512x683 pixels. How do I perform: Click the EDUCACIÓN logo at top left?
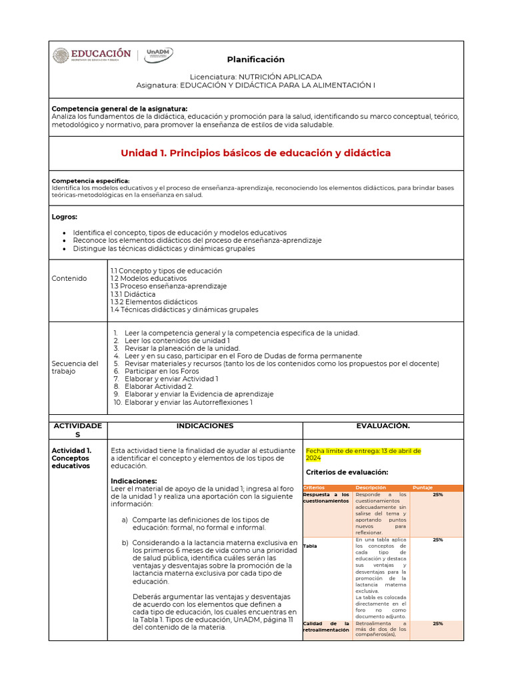point(92,56)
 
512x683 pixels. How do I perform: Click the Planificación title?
point(255,59)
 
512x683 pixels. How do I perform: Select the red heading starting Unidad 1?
point(255,153)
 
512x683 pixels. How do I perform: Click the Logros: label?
point(65,217)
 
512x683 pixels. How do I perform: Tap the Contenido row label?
point(69,278)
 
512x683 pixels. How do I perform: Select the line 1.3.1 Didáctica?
point(133,294)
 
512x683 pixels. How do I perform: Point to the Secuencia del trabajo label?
point(75,368)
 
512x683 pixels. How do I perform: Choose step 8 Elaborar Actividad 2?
point(159,386)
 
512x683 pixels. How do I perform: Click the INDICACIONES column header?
point(205,426)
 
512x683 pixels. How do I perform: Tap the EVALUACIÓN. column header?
point(383,426)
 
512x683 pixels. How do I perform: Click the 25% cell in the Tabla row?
point(437,540)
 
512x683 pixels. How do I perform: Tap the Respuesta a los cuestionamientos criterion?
point(326,498)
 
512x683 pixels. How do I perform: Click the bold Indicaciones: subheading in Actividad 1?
point(134,481)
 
